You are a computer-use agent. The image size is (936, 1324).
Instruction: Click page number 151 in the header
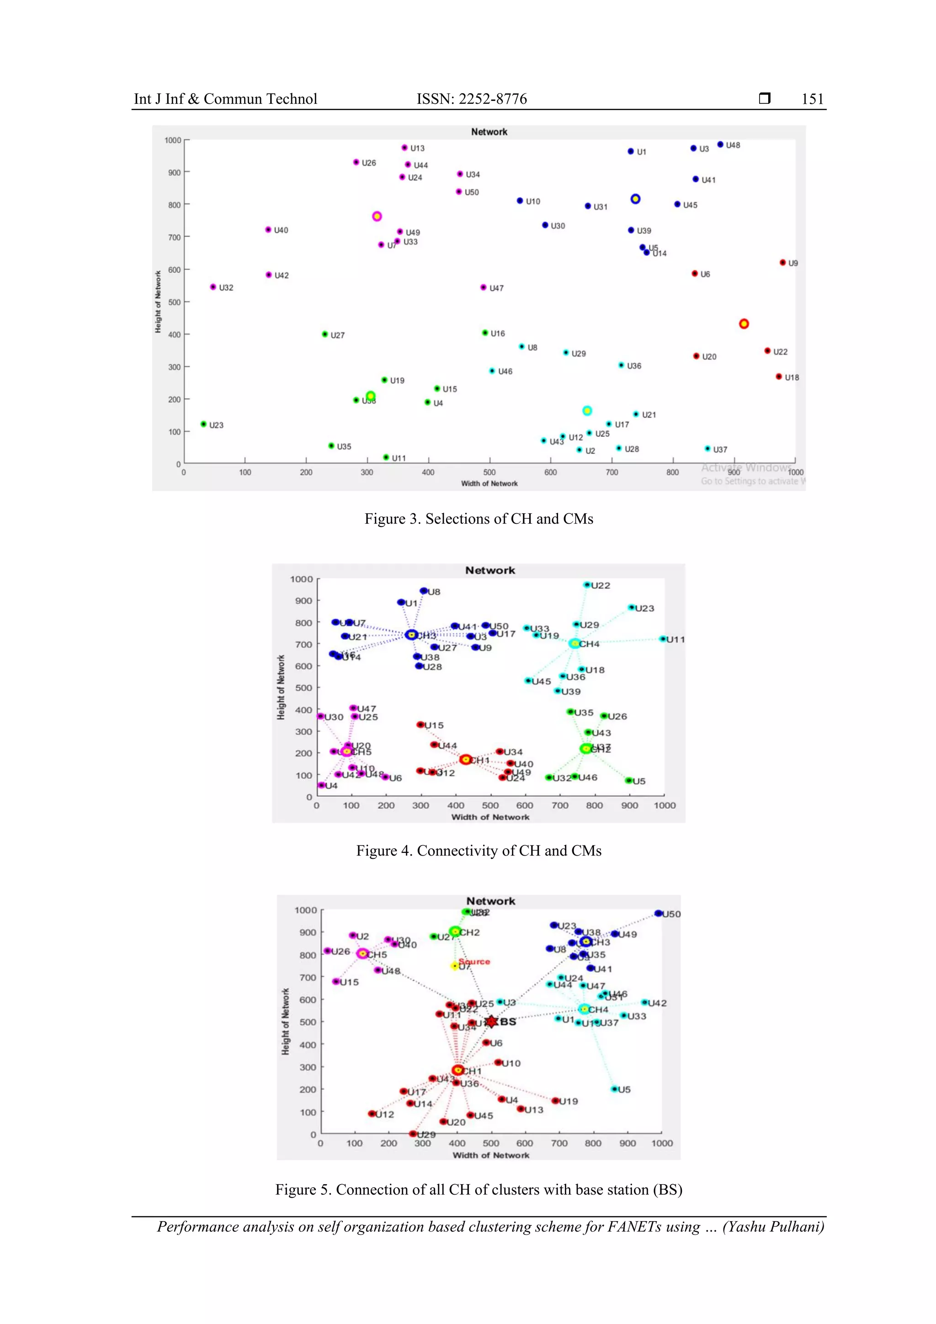coord(812,99)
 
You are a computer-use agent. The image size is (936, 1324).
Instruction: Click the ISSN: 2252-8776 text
coord(471,99)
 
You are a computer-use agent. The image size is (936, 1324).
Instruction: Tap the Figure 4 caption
coord(478,851)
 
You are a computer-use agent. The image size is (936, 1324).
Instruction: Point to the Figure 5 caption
coord(478,1190)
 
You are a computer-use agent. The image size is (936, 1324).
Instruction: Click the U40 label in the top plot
coord(281,230)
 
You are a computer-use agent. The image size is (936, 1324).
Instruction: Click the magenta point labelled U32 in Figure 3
coord(213,287)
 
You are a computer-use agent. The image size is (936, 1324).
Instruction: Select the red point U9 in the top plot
coord(782,262)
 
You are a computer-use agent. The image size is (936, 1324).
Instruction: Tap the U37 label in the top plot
coord(720,450)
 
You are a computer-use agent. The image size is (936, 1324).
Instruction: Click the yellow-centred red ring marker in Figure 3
coord(744,324)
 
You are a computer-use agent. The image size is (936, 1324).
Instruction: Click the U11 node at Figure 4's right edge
coord(663,639)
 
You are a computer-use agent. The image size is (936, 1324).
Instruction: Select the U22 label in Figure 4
coord(601,586)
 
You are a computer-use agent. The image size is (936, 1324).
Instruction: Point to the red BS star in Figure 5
coord(490,1022)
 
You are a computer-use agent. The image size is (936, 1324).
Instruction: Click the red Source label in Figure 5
coord(475,961)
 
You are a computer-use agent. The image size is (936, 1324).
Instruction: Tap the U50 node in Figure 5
coord(658,914)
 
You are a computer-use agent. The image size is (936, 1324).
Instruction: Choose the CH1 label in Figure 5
coord(471,1071)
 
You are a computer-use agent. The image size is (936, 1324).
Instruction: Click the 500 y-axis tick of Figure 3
coord(174,302)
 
